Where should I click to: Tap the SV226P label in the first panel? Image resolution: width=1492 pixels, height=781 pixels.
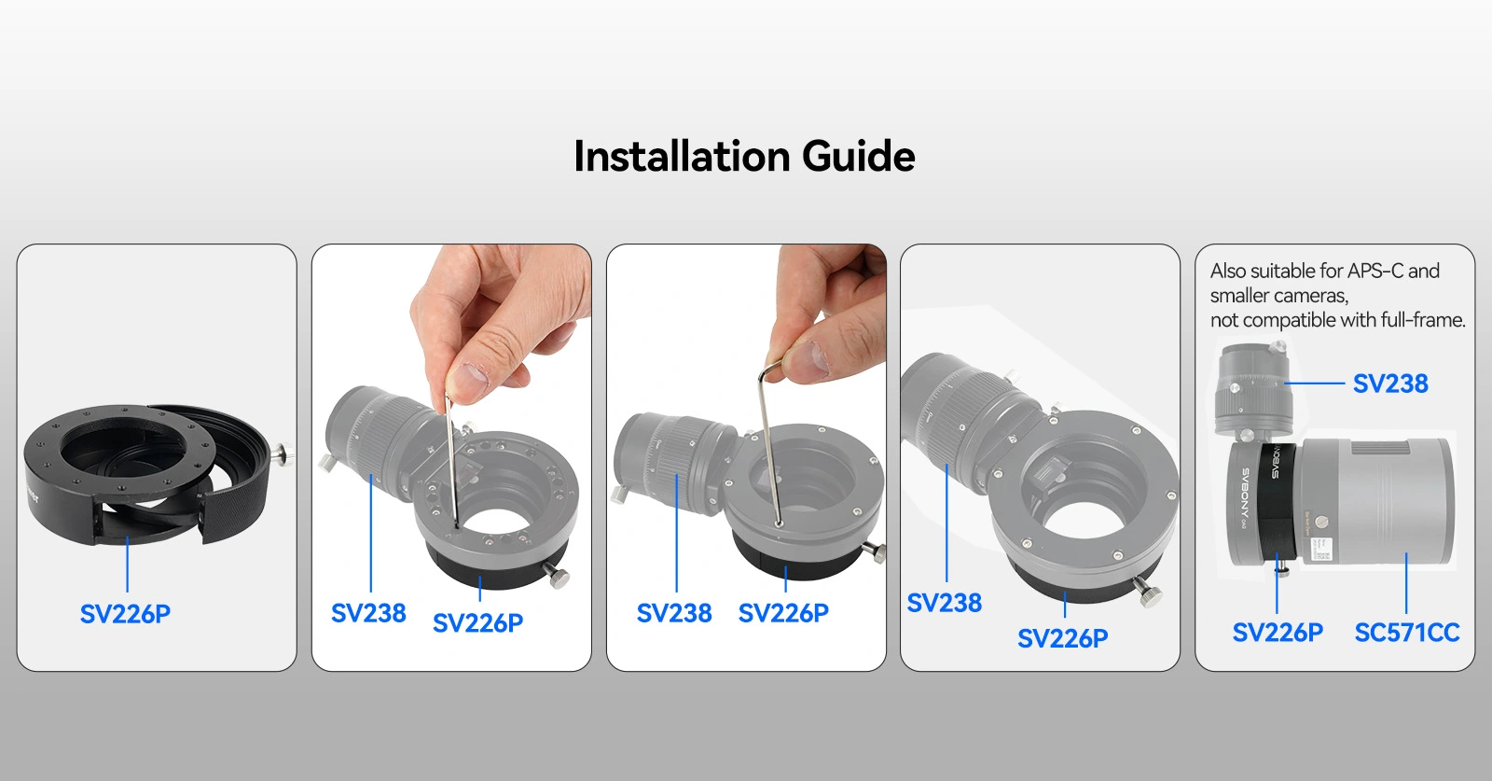point(125,614)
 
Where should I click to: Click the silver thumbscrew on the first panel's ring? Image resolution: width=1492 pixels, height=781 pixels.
point(283,454)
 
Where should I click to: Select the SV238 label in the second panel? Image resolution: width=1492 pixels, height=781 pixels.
point(368,613)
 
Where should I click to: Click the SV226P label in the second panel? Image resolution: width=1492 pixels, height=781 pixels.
point(477,622)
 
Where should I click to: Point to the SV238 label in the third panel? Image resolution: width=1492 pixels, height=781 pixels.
point(673,613)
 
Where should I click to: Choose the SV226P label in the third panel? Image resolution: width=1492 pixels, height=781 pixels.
point(783,613)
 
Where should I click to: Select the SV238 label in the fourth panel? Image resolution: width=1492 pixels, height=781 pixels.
point(944,603)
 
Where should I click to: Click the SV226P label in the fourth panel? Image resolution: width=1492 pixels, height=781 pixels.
point(1062,638)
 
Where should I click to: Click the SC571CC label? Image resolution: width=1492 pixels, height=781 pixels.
point(1406,633)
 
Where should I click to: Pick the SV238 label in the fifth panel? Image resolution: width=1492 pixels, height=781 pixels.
point(1390,384)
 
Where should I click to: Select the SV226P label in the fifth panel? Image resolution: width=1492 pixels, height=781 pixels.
point(1278,633)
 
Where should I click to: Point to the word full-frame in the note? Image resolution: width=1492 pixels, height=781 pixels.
point(1423,320)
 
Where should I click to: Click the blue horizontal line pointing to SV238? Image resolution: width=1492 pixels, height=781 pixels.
point(1315,383)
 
